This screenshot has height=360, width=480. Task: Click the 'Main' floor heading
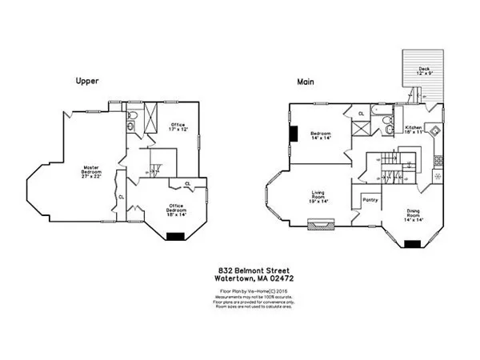(304, 81)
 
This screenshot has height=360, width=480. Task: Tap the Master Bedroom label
(91, 170)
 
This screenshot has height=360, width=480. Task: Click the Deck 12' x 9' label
(423, 71)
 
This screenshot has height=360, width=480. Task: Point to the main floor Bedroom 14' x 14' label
(322, 135)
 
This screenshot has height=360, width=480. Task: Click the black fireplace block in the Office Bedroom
(174, 236)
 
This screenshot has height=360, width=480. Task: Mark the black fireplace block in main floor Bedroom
(294, 134)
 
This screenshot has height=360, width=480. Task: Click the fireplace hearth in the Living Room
(321, 226)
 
